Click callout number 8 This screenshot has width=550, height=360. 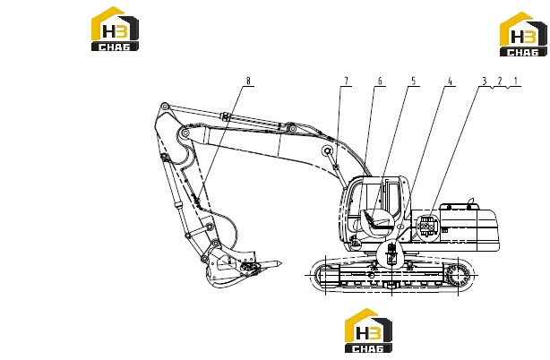pyautogui.click(x=248, y=81)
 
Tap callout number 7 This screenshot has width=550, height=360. pyautogui.click(x=346, y=81)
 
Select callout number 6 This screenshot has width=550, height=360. pyautogui.click(x=380, y=81)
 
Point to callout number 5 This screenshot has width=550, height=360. pyautogui.click(x=414, y=81)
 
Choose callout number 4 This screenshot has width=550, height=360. pyautogui.click(x=451, y=81)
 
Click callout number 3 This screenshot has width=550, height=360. pyautogui.click(x=485, y=81)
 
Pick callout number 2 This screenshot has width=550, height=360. pyautogui.click(x=500, y=81)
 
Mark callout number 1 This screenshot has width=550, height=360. pyautogui.click(x=516, y=81)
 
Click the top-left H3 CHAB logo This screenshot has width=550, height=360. pyautogui.click(x=115, y=29)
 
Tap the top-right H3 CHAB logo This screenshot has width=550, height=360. pyautogui.click(x=523, y=34)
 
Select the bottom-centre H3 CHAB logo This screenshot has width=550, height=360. pyautogui.click(x=368, y=330)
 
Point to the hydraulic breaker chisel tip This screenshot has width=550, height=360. pyautogui.click(x=280, y=262)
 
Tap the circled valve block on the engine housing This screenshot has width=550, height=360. pyautogui.click(x=427, y=226)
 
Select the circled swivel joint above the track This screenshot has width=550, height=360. pyautogui.click(x=391, y=254)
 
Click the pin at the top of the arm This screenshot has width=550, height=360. pyautogui.click(x=164, y=107)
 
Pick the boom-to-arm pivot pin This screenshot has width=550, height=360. pyautogui.click(x=185, y=133)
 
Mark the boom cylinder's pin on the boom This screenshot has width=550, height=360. pyautogui.click(x=328, y=150)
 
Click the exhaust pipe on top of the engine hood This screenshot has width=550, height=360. pyautogui.click(x=471, y=201)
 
